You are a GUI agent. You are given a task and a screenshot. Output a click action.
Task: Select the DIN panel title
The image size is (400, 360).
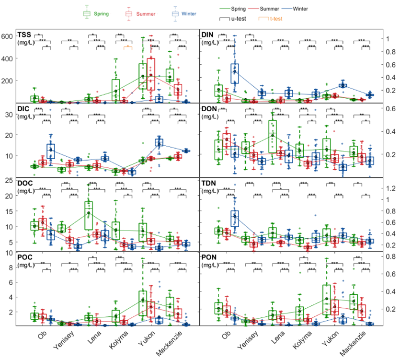click(x=208, y=35)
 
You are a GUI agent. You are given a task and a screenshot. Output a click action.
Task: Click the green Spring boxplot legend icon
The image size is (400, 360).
click(x=87, y=13)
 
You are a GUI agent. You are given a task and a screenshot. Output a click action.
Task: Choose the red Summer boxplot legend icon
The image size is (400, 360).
click(x=128, y=13)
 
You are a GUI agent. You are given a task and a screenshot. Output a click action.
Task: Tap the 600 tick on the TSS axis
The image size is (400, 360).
click(x=9, y=36)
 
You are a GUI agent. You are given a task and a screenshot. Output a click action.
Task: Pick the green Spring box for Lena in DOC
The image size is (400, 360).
click(x=89, y=215)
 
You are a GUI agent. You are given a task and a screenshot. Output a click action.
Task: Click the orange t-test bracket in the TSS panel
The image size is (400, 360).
click(x=127, y=47)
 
